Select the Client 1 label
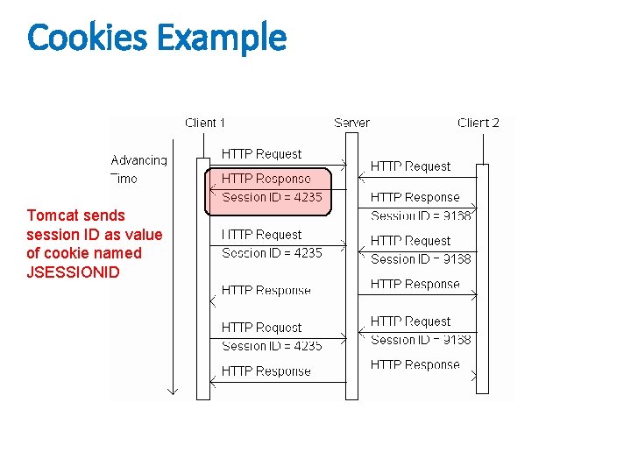[x=205, y=123]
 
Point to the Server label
[x=351, y=123]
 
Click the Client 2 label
[x=478, y=123]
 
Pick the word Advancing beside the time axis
[x=138, y=160]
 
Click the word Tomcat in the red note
[x=51, y=215]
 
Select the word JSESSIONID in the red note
[x=73, y=272]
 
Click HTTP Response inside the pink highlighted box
[x=266, y=179]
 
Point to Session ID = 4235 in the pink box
[x=272, y=197]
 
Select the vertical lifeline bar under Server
[x=351, y=280]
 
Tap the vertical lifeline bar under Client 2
[x=481, y=280]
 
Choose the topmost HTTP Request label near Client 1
[x=261, y=154]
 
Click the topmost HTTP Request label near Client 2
[x=410, y=166]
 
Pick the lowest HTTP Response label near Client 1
[x=266, y=371]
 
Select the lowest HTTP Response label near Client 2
[x=415, y=364]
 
